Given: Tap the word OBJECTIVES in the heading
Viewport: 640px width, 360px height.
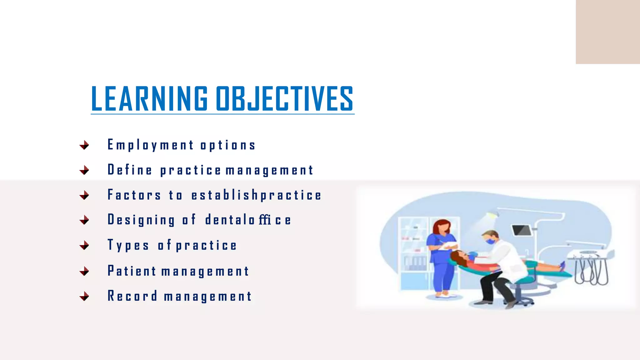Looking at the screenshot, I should (x=284, y=99).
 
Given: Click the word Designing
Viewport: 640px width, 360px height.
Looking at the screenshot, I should (x=141, y=220).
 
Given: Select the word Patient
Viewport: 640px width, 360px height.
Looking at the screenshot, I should (x=132, y=271).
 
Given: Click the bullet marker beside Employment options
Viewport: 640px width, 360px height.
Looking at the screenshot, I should (x=84, y=145).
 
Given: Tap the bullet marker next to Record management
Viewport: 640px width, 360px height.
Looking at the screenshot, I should (x=84, y=296).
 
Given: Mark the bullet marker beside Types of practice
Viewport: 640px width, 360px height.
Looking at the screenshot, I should (x=84, y=245).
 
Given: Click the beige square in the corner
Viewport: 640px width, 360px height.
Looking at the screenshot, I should (x=607, y=32).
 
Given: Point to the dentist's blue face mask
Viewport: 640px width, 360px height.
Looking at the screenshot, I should (x=490, y=241).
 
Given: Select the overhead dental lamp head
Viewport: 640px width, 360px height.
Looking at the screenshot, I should (x=491, y=215).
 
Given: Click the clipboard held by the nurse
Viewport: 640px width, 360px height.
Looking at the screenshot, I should (x=448, y=246).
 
